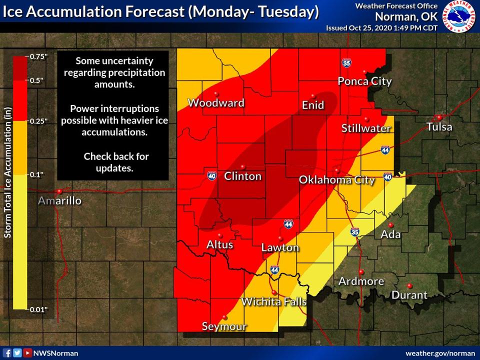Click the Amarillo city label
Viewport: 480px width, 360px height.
[x=60, y=201]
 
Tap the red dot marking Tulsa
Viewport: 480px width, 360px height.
[x=438, y=117]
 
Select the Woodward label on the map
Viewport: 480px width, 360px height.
[x=216, y=103]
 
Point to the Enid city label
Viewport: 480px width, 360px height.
[x=313, y=105]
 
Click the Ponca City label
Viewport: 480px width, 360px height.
[x=364, y=81]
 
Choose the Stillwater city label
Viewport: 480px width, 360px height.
[x=366, y=128]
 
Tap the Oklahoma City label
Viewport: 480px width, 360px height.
[x=336, y=180]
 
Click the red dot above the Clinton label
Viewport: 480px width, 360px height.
[x=242, y=166]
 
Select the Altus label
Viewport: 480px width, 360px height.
[x=219, y=245]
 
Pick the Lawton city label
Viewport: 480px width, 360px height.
[x=280, y=247]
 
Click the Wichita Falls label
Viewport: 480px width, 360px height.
[x=273, y=302]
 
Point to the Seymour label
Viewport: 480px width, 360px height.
[x=224, y=327]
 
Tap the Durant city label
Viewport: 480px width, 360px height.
[x=409, y=295]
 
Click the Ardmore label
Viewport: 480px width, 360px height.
[x=361, y=281]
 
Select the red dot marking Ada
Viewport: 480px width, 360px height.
[x=390, y=225]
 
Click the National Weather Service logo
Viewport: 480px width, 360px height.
[x=459, y=16]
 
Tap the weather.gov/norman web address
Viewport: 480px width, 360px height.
[x=440, y=353]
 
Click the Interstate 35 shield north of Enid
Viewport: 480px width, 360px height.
[x=346, y=63]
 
